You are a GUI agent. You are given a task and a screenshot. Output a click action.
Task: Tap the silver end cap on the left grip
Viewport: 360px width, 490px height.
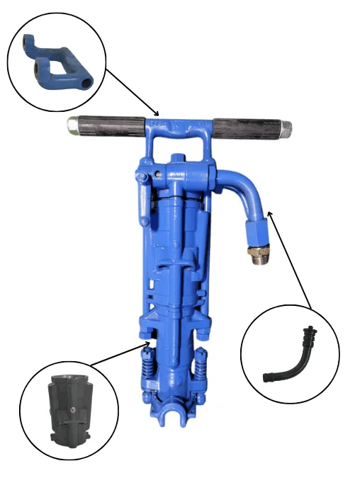tap(72, 126)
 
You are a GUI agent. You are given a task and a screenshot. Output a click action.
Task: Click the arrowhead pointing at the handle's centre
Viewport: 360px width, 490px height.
tap(157, 114)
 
